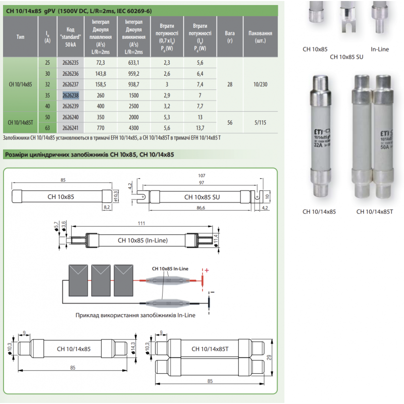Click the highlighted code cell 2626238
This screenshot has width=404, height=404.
[71, 94]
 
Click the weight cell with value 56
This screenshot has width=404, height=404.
[230, 123]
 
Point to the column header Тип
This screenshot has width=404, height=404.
[20, 37]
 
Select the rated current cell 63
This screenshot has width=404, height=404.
[47, 128]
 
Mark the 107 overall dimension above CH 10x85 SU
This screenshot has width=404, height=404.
[202, 176]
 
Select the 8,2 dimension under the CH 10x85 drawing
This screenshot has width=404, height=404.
[107, 207]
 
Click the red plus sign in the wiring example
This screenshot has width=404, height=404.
[206, 271]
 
